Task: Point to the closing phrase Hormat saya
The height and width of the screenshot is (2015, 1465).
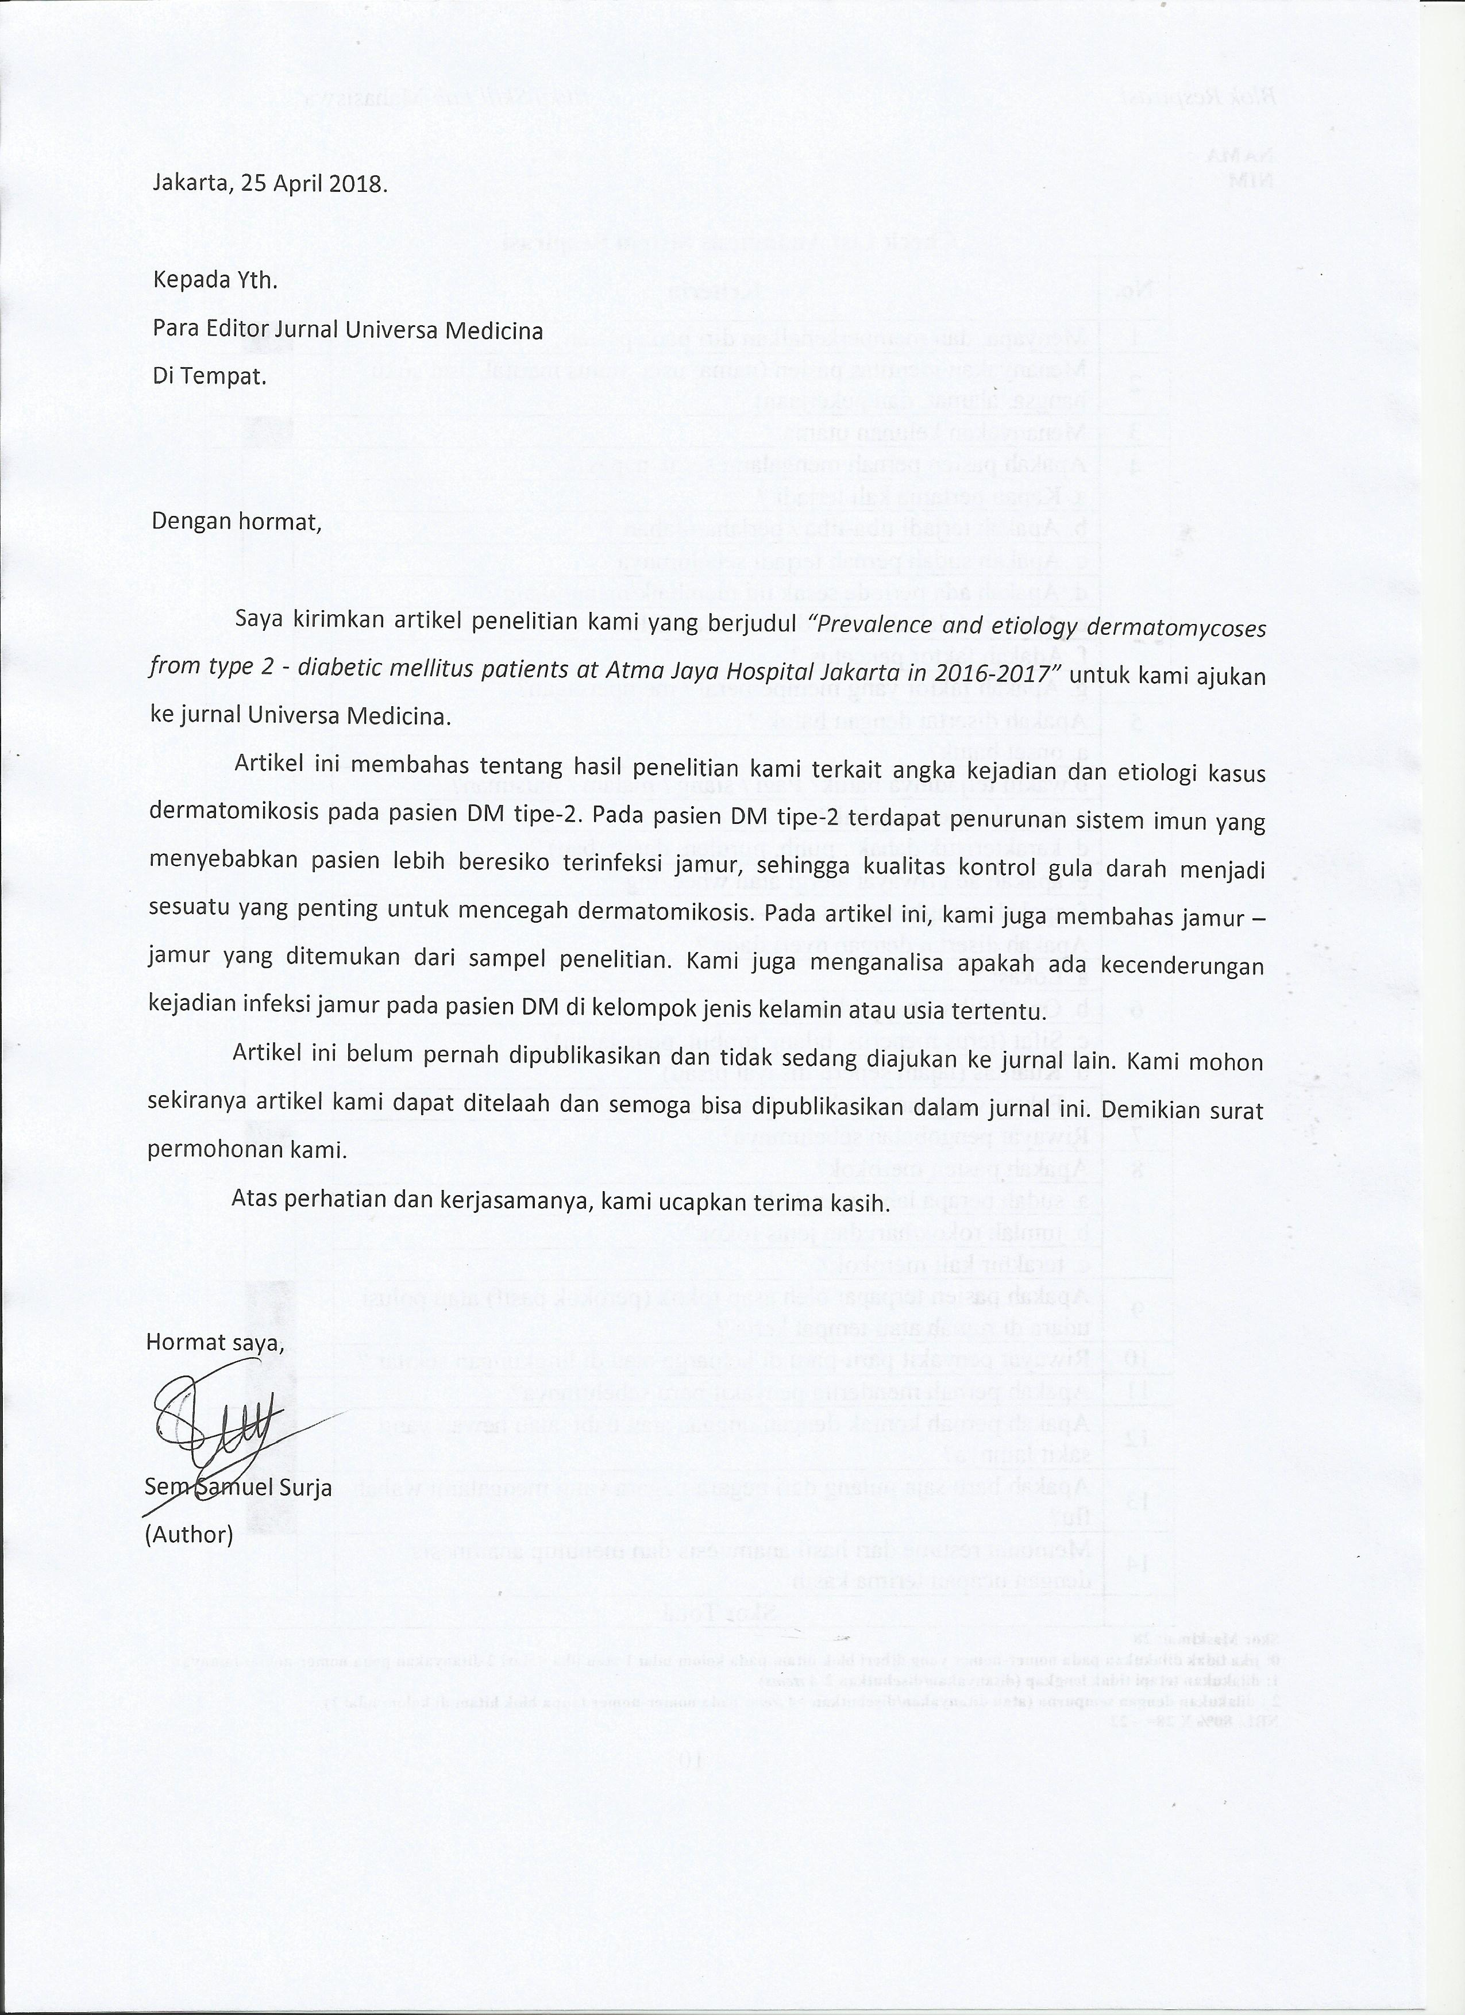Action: tap(215, 1342)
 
